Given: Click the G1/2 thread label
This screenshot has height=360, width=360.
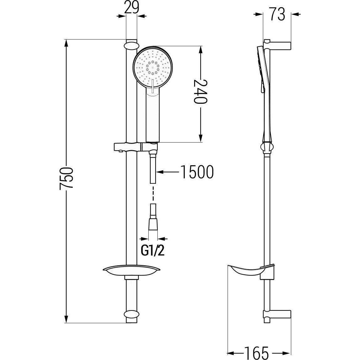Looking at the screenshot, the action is point(152,251).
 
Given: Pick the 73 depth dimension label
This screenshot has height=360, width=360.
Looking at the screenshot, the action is point(277,14).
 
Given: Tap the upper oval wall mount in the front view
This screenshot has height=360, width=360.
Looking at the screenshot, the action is point(132,45).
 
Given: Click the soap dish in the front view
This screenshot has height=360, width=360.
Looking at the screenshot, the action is point(132,271).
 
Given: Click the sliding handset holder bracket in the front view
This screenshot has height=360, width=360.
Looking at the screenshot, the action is point(135,147).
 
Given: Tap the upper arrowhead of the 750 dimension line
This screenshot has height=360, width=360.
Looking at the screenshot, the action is point(66,44).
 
